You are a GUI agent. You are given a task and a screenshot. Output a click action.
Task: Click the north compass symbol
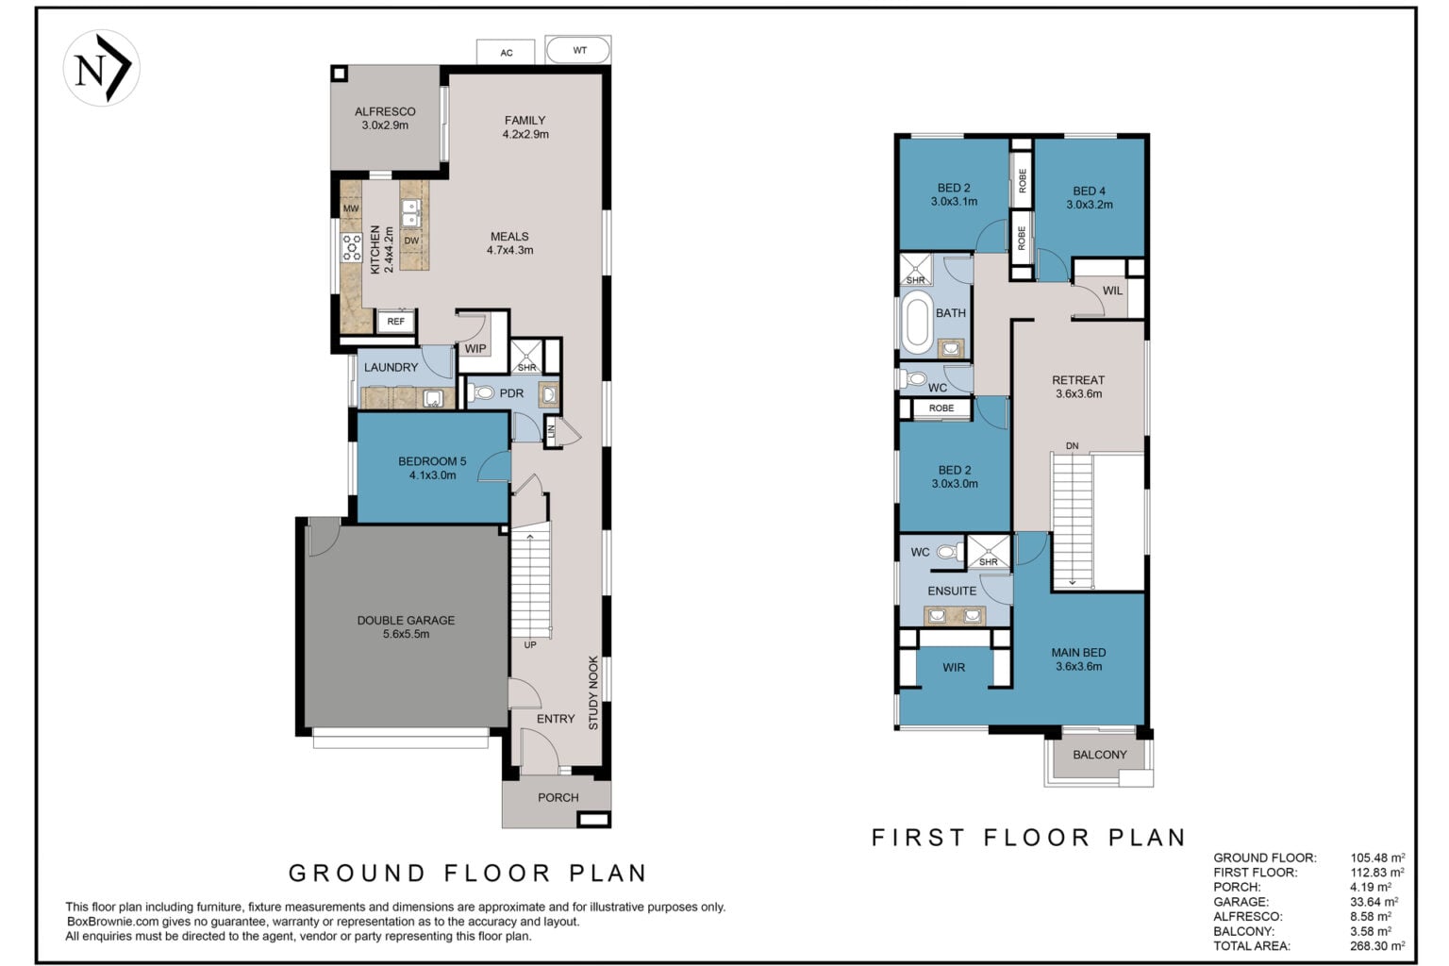pyautogui.click(x=102, y=68)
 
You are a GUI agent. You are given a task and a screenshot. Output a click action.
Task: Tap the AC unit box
pyautogui.click(x=506, y=53)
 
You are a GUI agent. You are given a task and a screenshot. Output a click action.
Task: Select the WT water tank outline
pyautogui.click(x=578, y=50)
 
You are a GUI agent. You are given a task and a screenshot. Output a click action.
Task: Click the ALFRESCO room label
pyautogui.click(x=385, y=112)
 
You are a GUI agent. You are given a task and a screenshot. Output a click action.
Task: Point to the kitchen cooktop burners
pyautogui.click(x=352, y=247)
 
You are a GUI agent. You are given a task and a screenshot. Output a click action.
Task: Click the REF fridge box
pyautogui.click(x=396, y=322)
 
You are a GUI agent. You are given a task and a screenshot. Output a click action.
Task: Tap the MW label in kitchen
pyautogui.click(x=351, y=208)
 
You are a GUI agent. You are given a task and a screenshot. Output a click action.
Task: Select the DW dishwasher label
pyautogui.click(x=411, y=241)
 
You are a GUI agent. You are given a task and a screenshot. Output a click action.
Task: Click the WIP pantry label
pyautogui.click(x=475, y=349)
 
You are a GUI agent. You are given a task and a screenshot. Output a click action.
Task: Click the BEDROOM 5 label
pyautogui.click(x=432, y=461)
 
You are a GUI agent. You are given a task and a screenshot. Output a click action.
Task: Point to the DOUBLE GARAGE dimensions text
pyautogui.click(x=407, y=634)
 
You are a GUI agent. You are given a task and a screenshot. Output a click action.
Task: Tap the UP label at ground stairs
pyautogui.click(x=530, y=645)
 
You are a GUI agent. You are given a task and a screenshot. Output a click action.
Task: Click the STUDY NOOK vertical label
pyautogui.click(x=593, y=693)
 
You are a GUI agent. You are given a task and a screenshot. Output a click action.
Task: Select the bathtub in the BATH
pyautogui.click(x=917, y=323)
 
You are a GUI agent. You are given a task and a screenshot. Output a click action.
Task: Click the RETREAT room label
pyautogui.click(x=1078, y=380)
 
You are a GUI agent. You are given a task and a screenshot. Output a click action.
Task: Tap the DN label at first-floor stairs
pyautogui.click(x=1072, y=446)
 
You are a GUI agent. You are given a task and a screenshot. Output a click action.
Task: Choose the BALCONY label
pyautogui.click(x=1100, y=755)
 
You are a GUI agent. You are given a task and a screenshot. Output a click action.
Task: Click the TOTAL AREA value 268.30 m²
pyautogui.click(x=1377, y=946)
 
